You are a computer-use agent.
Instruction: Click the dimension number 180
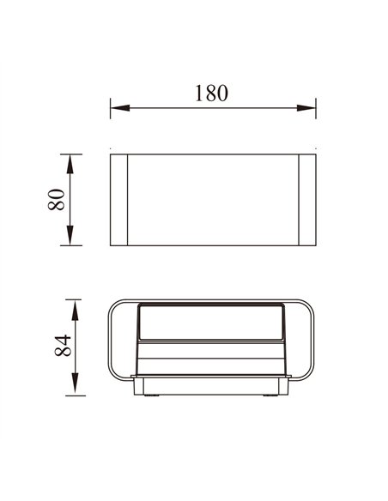(x=210, y=94)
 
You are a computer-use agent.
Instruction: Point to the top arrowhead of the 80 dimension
(x=71, y=160)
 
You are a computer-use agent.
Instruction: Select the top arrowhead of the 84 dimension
(x=76, y=306)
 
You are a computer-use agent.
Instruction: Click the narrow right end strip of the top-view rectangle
(x=307, y=200)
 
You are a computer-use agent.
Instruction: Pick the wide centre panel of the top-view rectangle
(x=213, y=200)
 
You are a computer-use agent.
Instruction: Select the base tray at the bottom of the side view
(x=213, y=386)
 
